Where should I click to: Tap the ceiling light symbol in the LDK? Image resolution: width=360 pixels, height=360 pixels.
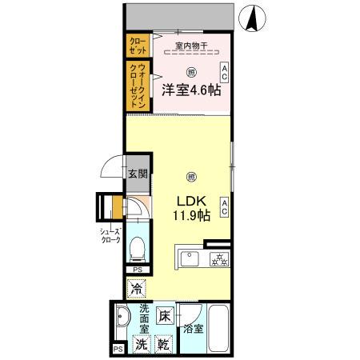[x=190, y=176]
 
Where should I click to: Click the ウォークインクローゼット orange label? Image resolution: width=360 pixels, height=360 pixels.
[x=136, y=86]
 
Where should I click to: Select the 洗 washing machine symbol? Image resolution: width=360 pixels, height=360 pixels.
[x=140, y=345]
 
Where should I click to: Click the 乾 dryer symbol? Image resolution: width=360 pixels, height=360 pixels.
[x=163, y=345]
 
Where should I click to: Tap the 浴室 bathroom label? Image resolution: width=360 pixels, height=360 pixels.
[x=192, y=327]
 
